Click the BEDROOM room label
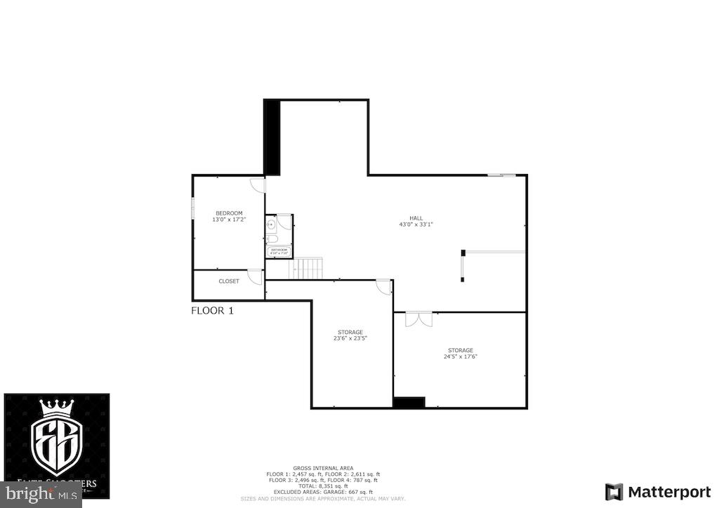point(229,213)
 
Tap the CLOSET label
point(229,281)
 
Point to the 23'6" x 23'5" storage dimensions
point(350,338)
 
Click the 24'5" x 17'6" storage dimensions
point(461,356)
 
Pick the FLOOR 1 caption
point(212,310)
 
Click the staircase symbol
point(308,267)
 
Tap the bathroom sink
point(271,224)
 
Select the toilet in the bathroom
point(273,239)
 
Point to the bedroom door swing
point(258,186)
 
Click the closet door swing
point(256,276)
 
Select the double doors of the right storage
point(418,319)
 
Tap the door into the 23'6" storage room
point(383,286)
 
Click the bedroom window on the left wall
point(193,209)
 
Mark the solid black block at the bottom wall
point(409,403)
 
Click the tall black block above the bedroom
point(272,137)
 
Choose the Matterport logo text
point(659,491)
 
